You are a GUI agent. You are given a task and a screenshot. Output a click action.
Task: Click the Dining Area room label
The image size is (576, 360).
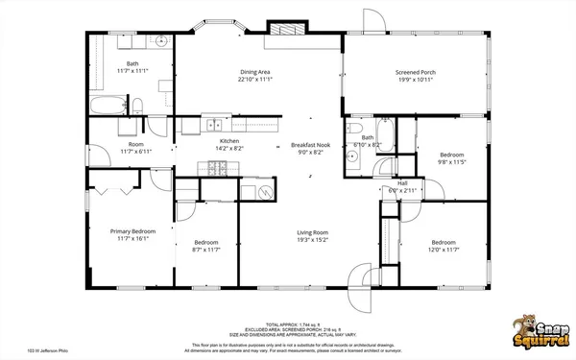click(x=253, y=72)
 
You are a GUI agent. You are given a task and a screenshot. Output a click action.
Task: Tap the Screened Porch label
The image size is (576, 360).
click(x=415, y=72)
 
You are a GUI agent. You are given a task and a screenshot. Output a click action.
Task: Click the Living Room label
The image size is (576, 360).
click(x=312, y=232)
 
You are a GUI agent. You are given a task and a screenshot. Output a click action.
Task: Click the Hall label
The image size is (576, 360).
click(x=402, y=183)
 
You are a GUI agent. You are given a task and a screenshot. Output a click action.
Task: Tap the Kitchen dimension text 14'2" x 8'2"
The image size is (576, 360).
click(x=229, y=149)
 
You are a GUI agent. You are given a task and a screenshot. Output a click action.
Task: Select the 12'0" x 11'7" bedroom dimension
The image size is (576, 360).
click(x=443, y=250)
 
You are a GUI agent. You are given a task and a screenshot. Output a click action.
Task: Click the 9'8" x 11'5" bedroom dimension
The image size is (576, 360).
click(x=451, y=162)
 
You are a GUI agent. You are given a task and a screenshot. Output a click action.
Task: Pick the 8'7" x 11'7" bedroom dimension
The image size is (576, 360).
click(x=206, y=250)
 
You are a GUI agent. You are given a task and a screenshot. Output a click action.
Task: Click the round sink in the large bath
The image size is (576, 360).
click(x=161, y=42)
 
